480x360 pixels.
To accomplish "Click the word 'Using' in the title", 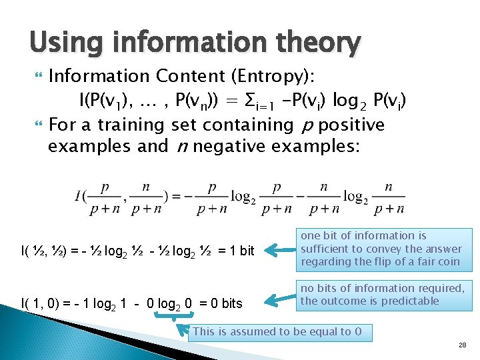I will tap(65, 43).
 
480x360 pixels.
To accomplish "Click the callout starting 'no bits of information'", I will tap(383, 295).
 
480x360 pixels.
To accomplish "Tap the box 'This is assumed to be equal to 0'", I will tap(279, 331).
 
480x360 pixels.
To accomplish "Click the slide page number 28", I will tap(462, 345).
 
